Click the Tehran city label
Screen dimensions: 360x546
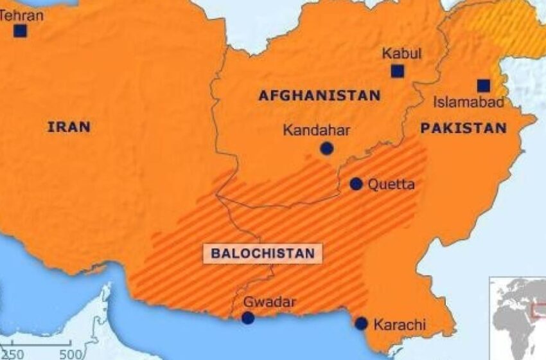(22, 14)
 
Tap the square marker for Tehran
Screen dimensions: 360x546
(21, 31)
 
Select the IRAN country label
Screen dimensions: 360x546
(69, 127)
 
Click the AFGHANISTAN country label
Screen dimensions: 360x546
(319, 96)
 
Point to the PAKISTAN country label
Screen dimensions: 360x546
(463, 129)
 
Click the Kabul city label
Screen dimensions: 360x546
(401, 53)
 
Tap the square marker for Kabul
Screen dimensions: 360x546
(398, 71)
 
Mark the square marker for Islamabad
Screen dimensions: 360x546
(483, 85)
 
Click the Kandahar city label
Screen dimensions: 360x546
(317, 130)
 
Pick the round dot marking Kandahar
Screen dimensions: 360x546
(327, 149)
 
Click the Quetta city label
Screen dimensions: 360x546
(391, 184)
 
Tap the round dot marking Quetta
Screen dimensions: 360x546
(357, 184)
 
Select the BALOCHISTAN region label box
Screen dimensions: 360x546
(263, 253)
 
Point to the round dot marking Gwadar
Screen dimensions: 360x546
(248, 318)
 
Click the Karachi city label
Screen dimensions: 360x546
(400, 325)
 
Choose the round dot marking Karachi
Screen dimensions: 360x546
(362, 323)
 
